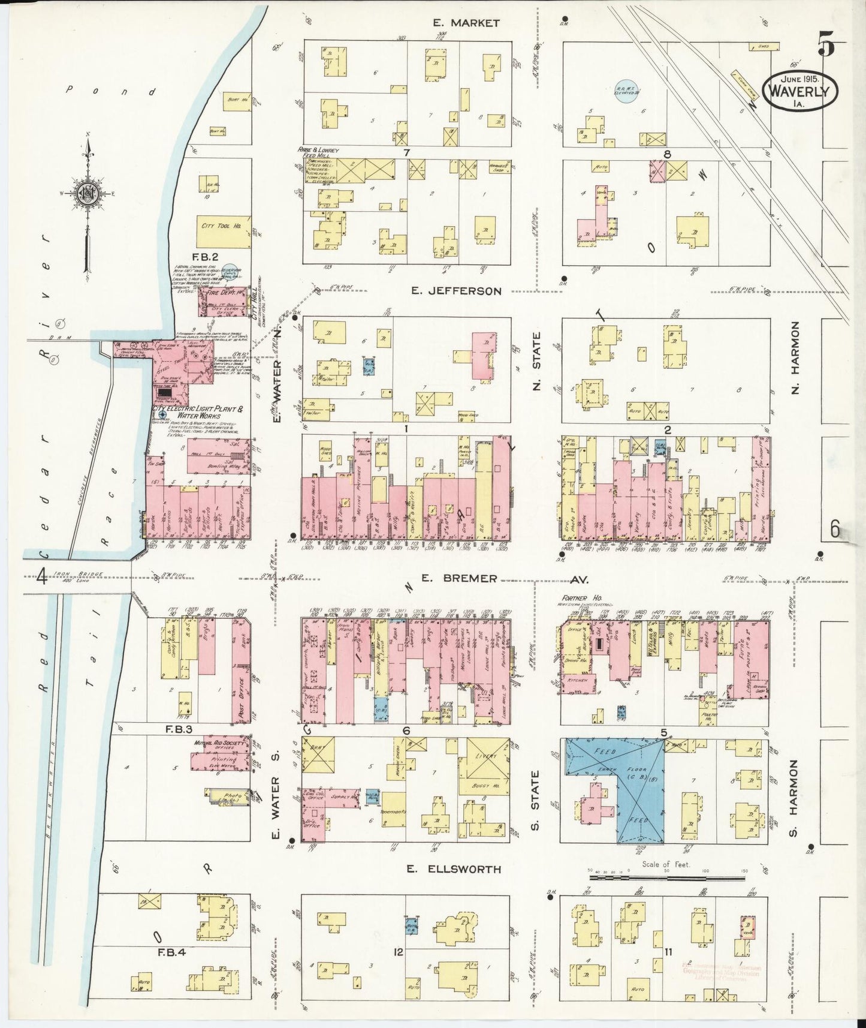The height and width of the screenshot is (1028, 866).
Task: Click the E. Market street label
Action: [466, 23]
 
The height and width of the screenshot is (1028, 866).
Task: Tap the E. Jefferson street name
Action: [457, 291]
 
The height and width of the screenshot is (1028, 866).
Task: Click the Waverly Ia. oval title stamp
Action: [799, 91]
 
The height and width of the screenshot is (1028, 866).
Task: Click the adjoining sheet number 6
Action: [835, 529]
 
